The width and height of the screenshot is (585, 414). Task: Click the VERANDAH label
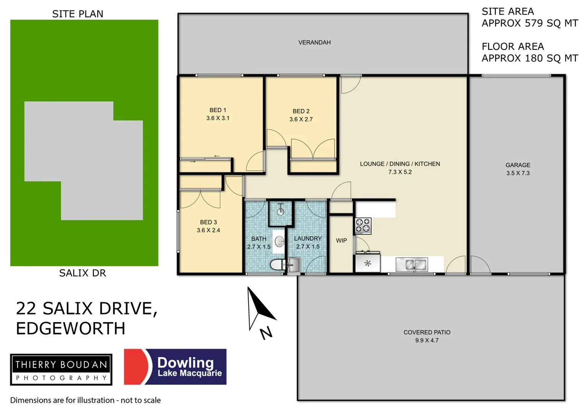coord(314,43)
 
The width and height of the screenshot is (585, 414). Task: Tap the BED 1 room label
coord(217,110)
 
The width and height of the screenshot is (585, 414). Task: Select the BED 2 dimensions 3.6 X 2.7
coord(301,120)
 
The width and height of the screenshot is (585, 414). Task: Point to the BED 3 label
coord(208,222)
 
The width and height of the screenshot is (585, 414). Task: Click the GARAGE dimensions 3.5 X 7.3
coord(518,173)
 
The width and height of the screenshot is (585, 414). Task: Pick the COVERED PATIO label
coord(426,332)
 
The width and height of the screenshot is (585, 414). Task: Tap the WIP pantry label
coord(341,241)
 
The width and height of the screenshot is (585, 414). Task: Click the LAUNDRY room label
coord(307,238)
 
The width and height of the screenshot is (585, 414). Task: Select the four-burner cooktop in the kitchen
coord(363,226)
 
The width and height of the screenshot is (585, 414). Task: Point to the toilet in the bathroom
coord(276,264)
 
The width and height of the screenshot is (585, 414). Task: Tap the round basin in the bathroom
coord(279,241)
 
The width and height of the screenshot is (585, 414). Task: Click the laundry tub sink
coord(294,264)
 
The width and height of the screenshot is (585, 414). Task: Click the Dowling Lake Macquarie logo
coord(175,367)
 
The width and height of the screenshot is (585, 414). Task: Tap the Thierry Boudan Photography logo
coord(61,370)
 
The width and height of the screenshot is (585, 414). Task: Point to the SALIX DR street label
coord(82,273)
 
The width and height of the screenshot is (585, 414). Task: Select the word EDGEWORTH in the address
coord(71,329)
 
